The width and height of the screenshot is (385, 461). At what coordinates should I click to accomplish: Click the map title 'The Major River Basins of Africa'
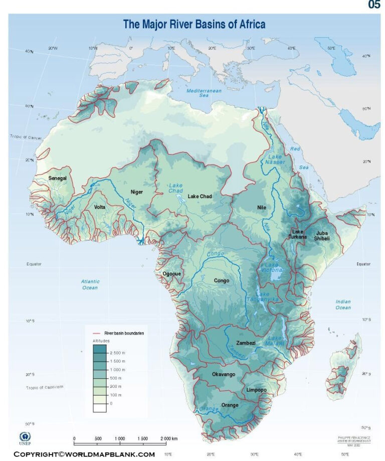194,24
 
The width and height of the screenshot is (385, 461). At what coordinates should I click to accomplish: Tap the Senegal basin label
58,178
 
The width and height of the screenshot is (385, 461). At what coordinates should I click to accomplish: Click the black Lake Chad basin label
200,196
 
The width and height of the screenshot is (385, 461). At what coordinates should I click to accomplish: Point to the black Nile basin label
261,207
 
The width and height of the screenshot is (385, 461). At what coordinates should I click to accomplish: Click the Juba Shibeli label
322,235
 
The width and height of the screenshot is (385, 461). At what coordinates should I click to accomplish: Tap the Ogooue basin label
171,273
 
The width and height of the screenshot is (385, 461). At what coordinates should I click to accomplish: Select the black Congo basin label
222,280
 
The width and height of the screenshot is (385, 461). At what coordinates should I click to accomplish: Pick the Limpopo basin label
257,390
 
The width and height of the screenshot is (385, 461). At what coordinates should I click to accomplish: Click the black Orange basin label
230,405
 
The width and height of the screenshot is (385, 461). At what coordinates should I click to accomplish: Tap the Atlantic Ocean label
90,284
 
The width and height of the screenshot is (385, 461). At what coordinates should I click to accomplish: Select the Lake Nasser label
275,160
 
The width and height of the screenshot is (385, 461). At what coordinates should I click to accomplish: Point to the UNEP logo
25,438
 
